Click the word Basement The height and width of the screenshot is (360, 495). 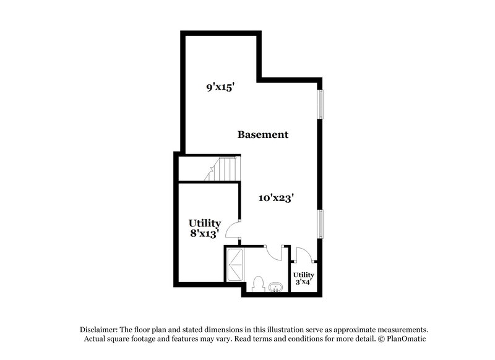coord(263,134)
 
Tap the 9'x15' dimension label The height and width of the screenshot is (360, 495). coord(219,88)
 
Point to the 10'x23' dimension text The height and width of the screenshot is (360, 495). coord(275,199)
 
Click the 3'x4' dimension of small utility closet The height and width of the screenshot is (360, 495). coord(303,282)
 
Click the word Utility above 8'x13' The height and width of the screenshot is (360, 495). coord(205,223)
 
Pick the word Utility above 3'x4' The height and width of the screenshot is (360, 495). coord(303,275)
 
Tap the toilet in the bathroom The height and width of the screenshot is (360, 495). coord(259,284)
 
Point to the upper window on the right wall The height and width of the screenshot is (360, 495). coord(321,103)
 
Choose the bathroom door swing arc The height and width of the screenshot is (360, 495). coord(274,254)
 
